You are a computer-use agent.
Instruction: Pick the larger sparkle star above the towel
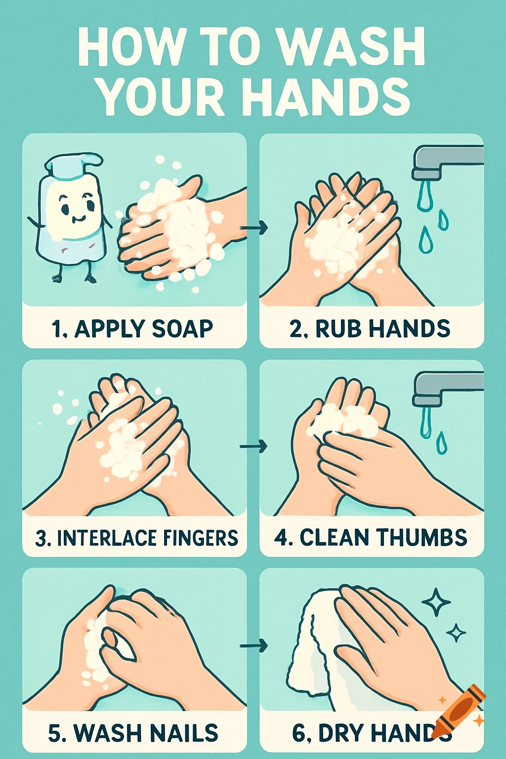coord(436,602)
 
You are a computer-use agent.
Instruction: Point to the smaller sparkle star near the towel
coord(456,632)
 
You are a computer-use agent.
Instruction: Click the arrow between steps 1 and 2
coord(254,227)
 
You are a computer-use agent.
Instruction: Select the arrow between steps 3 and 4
coord(254,446)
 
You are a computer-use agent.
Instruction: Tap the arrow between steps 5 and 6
coord(254,645)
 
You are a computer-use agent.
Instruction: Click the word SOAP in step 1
coord(182,329)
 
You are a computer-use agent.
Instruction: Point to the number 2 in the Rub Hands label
coord(295,329)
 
